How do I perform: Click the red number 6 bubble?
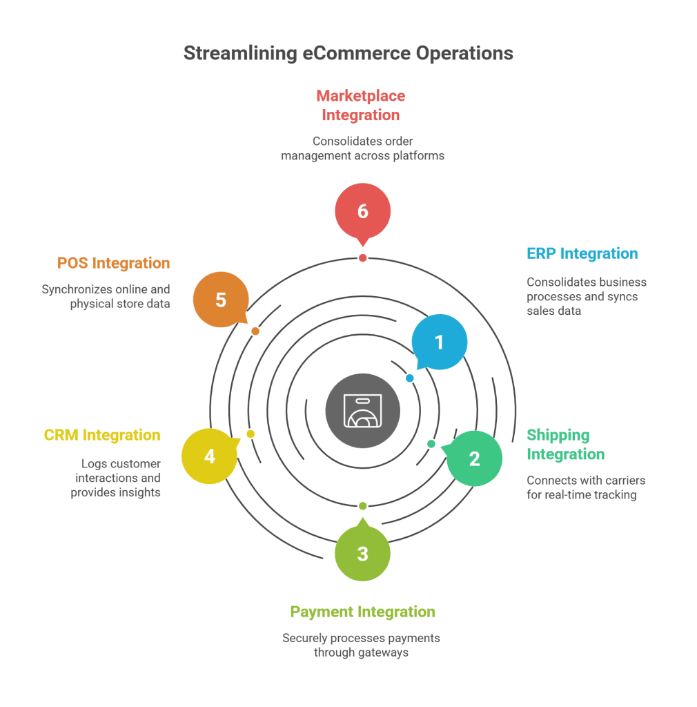coord(362,211)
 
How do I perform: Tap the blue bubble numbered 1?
coord(439,342)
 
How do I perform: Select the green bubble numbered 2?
coord(474,458)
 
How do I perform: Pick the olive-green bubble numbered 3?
coord(362,553)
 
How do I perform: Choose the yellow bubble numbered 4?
coord(210,456)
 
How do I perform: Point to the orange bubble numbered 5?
coord(220,300)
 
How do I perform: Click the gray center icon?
coord(362,411)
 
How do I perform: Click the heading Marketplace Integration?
coord(361,105)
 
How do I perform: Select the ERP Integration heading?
coord(582,253)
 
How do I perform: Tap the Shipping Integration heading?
coord(565,444)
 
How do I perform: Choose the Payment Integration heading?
coord(362,612)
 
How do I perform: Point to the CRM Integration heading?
coord(102,435)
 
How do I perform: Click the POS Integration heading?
coord(113,263)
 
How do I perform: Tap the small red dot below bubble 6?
coord(362,258)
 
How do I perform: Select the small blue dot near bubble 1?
coord(409,378)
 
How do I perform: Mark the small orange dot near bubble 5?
coord(255,331)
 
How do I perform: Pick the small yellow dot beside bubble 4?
coord(251,434)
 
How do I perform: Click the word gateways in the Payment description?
coord(385,652)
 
